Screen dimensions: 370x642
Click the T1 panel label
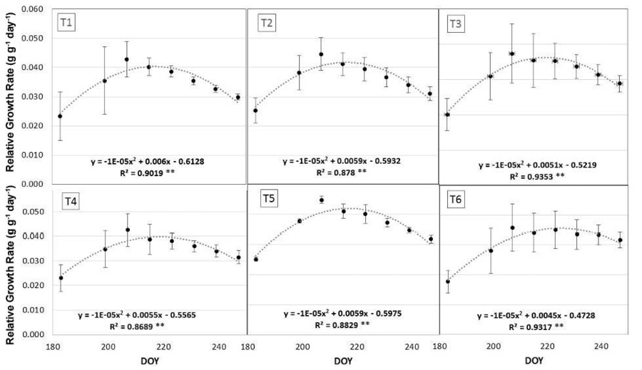67,23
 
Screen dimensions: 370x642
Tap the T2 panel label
266,24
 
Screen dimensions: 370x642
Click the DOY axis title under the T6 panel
534,361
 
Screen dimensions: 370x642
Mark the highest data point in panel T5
322,200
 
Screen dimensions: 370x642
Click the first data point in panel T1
60,116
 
